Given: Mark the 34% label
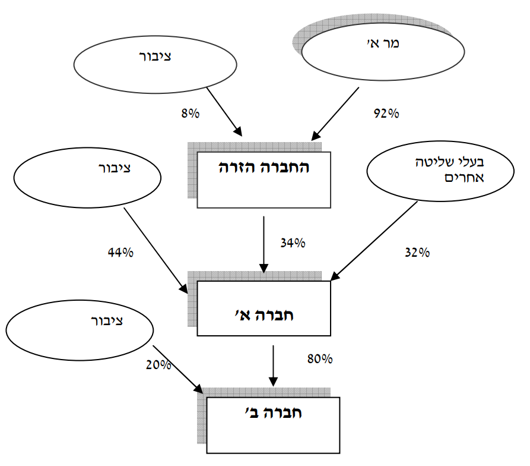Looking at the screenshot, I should point(293,243).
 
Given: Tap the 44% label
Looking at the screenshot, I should point(120,252).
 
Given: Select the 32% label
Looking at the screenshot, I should point(417,252).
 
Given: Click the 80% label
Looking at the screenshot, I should point(320,359).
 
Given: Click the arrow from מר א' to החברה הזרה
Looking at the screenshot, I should point(335,114).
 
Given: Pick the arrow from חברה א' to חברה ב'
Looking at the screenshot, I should point(273,364).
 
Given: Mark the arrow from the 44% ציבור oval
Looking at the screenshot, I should point(157,249).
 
